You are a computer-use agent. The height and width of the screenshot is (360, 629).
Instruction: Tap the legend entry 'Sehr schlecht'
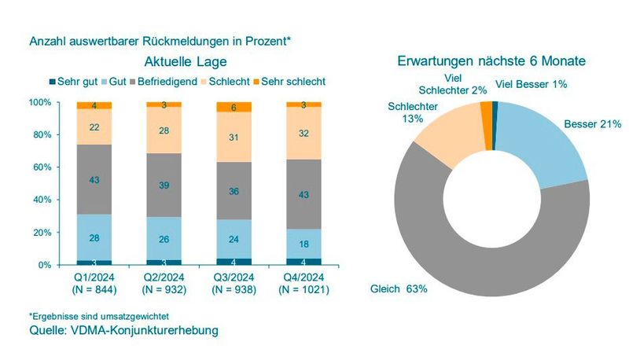coord(293,81)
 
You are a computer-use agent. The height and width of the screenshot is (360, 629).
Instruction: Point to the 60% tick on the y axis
coord(40,167)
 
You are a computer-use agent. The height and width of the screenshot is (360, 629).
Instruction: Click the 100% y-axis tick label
coord(39,102)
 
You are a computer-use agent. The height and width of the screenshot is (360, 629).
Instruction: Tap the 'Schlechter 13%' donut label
coord(406,112)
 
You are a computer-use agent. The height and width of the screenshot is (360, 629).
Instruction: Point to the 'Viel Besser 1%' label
coord(531,83)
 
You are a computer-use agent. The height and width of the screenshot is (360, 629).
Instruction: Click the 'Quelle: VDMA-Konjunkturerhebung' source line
coord(123,330)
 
